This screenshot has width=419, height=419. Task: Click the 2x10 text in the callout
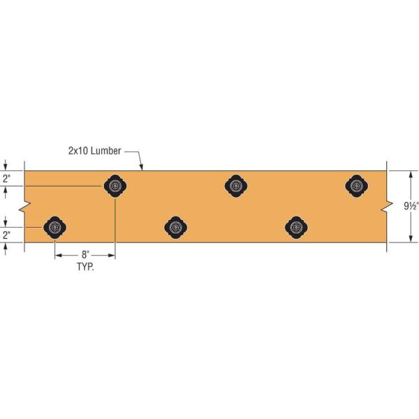80,150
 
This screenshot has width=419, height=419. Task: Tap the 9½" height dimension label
410,206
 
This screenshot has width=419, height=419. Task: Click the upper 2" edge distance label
6,179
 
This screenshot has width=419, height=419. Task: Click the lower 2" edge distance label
6,235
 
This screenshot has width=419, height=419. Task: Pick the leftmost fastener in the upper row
115,186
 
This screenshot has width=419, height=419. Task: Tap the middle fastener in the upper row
236,186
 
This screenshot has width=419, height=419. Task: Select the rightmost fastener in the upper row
357,186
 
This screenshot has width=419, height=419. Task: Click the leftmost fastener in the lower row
54,227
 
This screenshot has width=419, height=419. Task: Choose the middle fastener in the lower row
176,227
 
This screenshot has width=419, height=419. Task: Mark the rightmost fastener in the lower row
296,227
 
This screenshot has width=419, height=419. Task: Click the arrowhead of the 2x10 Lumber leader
142,168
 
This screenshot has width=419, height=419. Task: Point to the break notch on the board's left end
25,207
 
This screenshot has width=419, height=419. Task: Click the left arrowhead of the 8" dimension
57,256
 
